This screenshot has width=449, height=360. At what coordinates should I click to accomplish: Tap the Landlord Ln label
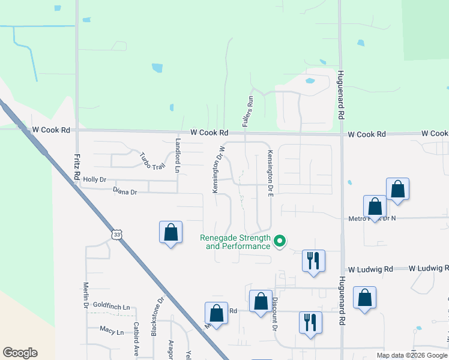177,156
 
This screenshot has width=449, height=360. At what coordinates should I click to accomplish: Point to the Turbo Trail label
152,161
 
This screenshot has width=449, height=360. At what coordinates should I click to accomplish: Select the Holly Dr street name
94,179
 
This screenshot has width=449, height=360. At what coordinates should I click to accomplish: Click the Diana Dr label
125,192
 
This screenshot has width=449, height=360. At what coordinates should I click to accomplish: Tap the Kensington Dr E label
271,173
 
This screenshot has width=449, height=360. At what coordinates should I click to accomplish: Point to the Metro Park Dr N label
372,219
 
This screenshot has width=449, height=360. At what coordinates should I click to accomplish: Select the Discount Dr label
274,314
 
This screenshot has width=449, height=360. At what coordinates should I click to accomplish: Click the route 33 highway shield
117,234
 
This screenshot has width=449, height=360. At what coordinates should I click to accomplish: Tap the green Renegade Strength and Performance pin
279,242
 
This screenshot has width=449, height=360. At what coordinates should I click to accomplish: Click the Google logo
20,353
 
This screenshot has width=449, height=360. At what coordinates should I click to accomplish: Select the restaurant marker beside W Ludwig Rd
313,261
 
